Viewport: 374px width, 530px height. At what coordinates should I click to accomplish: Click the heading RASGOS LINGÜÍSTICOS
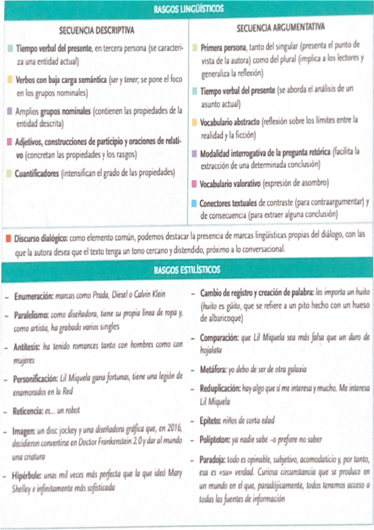click(x=187, y=9)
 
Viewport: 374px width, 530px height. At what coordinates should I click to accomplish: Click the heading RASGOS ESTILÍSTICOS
click(x=187, y=270)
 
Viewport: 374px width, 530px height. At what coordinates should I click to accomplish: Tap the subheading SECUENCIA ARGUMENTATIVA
click(x=281, y=28)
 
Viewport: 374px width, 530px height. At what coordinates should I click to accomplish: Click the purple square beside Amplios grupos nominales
click(x=9, y=111)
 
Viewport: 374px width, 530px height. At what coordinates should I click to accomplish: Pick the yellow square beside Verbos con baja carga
click(x=9, y=80)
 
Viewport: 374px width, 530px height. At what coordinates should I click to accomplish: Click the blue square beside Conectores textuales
click(x=194, y=202)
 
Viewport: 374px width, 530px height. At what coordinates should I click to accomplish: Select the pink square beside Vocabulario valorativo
click(x=194, y=184)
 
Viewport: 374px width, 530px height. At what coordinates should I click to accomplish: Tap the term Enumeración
click(x=33, y=294)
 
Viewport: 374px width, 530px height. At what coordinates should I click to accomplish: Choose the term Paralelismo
click(x=33, y=316)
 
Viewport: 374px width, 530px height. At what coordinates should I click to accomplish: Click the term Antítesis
click(x=28, y=346)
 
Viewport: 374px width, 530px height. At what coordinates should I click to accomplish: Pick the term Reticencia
click(x=31, y=411)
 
